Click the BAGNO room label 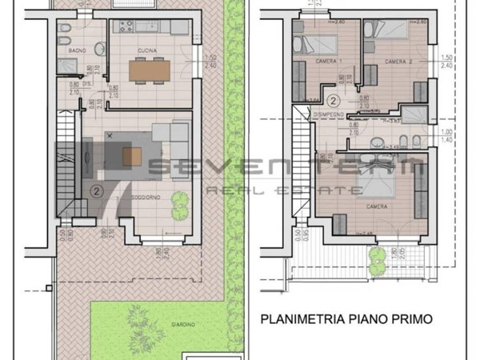coord(78,50)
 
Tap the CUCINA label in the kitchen coord(146,50)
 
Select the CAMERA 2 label coord(398,62)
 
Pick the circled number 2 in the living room coord(96,190)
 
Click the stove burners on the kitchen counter coord(126,26)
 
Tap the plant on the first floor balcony coord(374,255)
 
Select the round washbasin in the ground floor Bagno coord(98,49)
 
